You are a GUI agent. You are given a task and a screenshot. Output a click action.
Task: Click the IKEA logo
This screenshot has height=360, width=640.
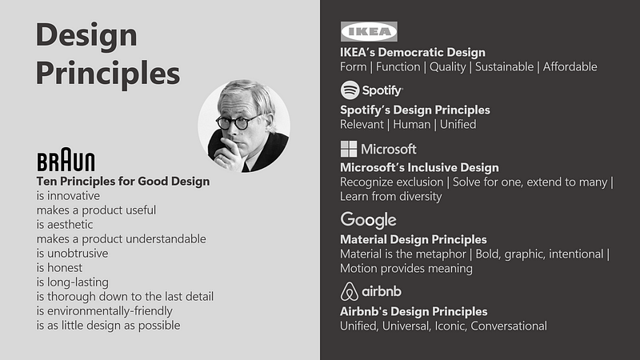[368, 31]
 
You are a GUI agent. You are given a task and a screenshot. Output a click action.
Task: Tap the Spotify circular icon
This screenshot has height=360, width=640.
[350, 90]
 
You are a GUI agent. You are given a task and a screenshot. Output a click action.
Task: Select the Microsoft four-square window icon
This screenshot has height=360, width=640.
[349, 149]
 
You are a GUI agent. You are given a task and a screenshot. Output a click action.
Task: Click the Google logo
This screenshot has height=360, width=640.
[368, 220]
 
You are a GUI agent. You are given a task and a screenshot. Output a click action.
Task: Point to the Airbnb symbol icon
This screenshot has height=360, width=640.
[349, 290]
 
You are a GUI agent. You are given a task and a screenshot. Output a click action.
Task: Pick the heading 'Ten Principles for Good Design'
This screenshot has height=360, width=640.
[123, 181]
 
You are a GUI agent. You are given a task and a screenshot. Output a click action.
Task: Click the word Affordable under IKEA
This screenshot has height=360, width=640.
[570, 67]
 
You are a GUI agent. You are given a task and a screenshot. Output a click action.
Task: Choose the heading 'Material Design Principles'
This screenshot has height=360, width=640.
[413, 239]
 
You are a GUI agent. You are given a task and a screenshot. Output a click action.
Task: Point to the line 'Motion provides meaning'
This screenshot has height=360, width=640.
[406, 269]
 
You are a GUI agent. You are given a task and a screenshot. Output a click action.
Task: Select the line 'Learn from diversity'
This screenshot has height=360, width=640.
[390, 197]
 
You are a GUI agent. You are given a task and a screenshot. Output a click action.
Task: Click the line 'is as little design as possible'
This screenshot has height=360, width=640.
[108, 325]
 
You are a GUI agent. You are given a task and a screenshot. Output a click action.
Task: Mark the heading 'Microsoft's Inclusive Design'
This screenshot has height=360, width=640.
[419, 167]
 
